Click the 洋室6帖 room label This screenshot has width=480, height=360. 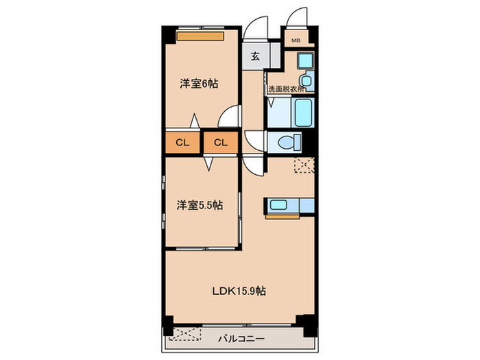(x=199, y=84)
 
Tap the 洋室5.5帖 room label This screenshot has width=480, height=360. (x=200, y=204)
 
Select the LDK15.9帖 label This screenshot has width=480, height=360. (x=238, y=290)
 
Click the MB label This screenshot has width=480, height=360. (x=296, y=40)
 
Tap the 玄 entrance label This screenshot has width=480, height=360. (x=254, y=56)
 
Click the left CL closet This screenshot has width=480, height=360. (x=182, y=143)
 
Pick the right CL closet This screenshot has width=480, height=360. (x=219, y=143)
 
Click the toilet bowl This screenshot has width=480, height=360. (x=288, y=143)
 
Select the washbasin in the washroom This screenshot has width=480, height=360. (x=305, y=83)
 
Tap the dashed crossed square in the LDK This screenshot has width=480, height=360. (x=302, y=165)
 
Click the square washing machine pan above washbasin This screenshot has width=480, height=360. (x=305, y=61)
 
